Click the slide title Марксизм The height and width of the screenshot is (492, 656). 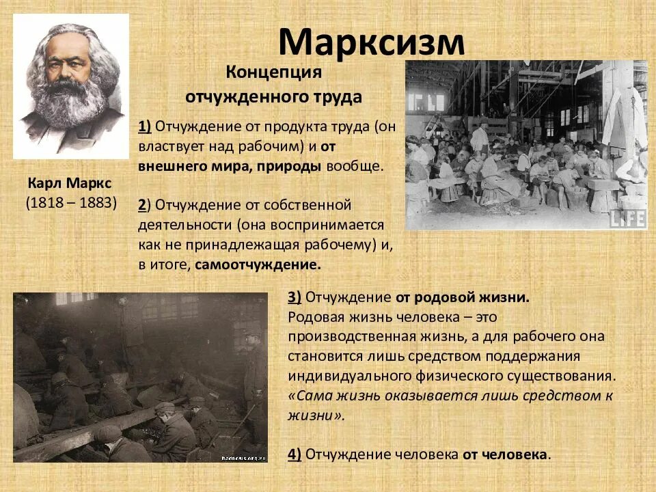point(371,42)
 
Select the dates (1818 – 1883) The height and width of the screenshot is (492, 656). point(72,202)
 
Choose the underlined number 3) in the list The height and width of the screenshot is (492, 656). point(295,298)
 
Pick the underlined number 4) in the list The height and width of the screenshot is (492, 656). point(295,454)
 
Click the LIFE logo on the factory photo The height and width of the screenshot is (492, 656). point(627,218)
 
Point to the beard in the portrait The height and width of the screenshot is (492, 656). point(72,109)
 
